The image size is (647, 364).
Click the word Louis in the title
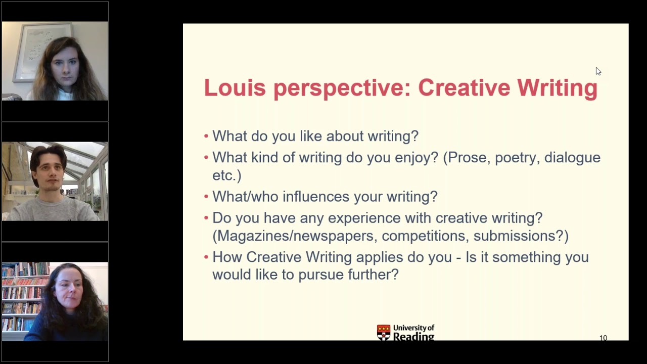point(235,87)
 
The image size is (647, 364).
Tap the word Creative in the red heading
point(464,87)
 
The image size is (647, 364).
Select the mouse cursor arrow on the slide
point(598,71)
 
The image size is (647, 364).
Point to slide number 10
point(603,338)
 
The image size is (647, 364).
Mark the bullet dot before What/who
point(206,197)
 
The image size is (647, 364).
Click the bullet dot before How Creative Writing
point(206,257)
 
